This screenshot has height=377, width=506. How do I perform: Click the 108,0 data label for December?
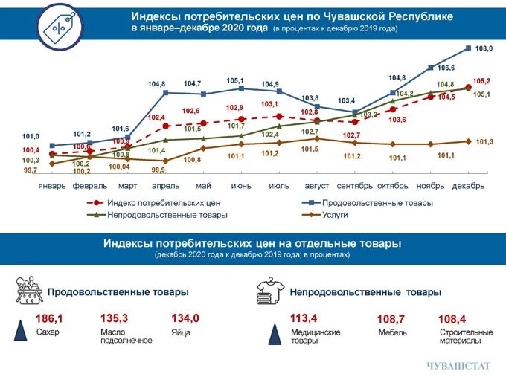tap(484, 48)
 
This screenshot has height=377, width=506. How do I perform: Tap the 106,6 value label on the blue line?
tap(446, 68)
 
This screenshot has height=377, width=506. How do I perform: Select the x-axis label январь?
tap(52, 186)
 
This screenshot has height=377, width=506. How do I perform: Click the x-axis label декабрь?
tap(469, 186)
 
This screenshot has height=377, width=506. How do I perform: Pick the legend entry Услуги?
tap(334, 216)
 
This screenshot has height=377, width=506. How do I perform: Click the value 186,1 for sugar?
tap(50, 318)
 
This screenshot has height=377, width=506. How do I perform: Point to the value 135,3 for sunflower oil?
tap(114, 318)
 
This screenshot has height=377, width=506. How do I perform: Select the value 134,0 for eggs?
tap(185, 318)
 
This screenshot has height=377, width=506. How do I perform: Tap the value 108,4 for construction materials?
tap(452, 319)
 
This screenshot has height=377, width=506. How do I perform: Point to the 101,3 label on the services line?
tap(485, 142)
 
